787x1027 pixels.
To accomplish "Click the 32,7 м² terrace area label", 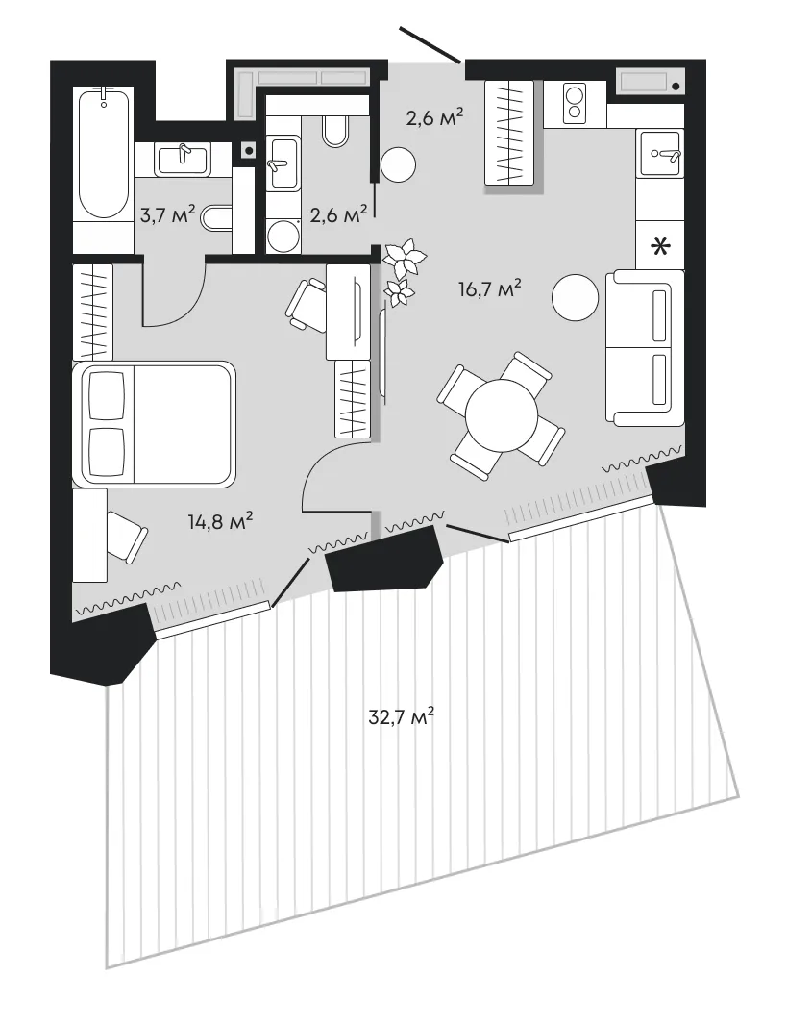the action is pyautogui.click(x=402, y=716).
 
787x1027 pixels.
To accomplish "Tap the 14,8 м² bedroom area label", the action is pyautogui.click(x=220, y=521).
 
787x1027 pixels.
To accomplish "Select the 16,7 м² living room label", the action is pyautogui.click(x=490, y=288).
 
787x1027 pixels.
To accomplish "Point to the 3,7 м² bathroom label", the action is pyautogui.click(x=167, y=213).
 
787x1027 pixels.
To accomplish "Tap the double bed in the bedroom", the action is pyautogui.click(x=154, y=424).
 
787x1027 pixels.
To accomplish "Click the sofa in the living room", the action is pyautogui.click(x=645, y=349).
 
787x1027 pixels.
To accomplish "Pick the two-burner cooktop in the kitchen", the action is pyautogui.click(x=575, y=104).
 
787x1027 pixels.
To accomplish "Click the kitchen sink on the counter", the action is pyautogui.click(x=661, y=153).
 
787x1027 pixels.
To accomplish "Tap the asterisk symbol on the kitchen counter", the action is pyautogui.click(x=661, y=247).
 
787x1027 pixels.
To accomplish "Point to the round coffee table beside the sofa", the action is pyautogui.click(x=576, y=297).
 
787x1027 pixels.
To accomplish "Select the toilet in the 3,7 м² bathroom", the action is pyautogui.click(x=217, y=217).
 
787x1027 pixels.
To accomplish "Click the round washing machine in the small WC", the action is pyautogui.click(x=283, y=236).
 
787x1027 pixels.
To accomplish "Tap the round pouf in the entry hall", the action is pyautogui.click(x=398, y=164).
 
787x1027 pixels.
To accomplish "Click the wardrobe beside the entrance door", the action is pyautogui.click(x=509, y=133).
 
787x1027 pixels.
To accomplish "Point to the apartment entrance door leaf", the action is pyautogui.click(x=430, y=44).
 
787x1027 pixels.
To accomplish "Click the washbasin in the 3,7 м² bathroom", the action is pyautogui.click(x=184, y=160).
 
